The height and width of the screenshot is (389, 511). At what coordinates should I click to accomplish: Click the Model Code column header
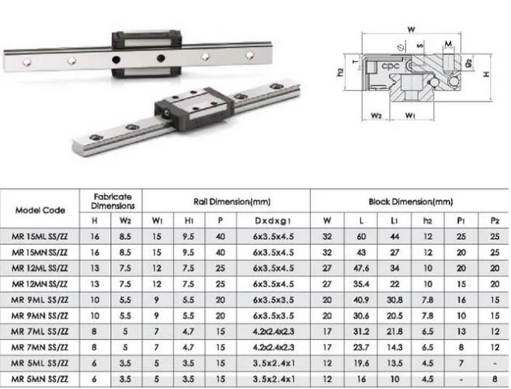41,209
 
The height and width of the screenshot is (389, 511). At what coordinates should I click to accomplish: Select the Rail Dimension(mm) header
228,201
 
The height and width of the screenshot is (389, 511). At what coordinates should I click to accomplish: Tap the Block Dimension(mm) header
410,201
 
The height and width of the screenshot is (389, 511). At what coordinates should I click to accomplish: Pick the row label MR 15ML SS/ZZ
41,235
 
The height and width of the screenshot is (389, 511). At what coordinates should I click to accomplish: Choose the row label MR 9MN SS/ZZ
41,317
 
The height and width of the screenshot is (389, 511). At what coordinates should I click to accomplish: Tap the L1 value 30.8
394,300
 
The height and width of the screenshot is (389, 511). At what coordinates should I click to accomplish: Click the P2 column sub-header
494,220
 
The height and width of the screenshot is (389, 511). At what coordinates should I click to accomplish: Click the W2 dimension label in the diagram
376,118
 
